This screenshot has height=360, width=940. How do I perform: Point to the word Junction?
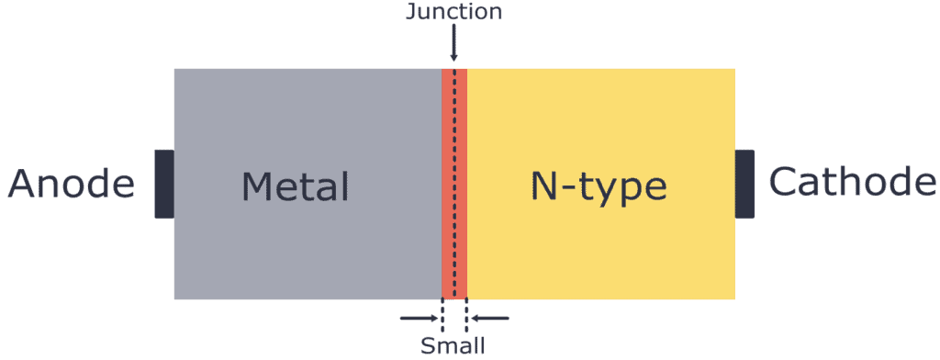pyautogui.click(x=453, y=13)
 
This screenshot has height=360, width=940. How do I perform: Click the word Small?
pyautogui.click(x=453, y=346)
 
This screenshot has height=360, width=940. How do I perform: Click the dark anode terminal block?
pyautogui.click(x=164, y=184)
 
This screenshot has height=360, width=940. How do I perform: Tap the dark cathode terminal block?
pyautogui.click(x=744, y=184)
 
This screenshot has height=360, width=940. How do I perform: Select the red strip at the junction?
pyautogui.click(x=447, y=184)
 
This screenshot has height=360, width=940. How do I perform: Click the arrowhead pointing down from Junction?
pyautogui.click(x=453, y=57)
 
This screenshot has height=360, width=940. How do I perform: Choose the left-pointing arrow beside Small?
pyautogui.click(x=489, y=319)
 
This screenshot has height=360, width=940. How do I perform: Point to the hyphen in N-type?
pyautogui.click(x=569, y=189)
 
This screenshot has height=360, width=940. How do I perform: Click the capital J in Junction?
pyautogui.click(x=410, y=13)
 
